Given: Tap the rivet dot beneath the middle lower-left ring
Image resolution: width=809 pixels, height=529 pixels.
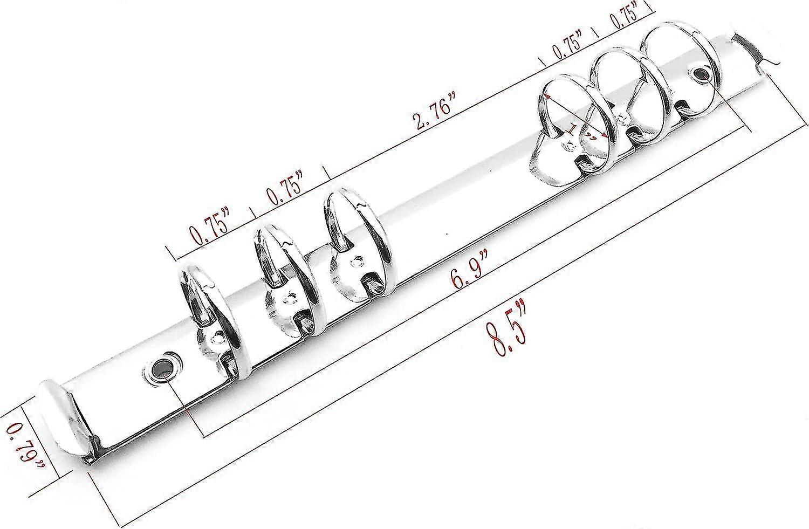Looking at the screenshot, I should click(x=292, y=296).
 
